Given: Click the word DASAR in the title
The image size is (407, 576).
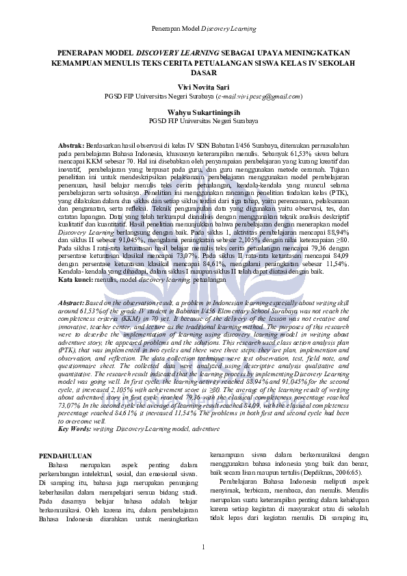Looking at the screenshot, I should click(x=203, y=72).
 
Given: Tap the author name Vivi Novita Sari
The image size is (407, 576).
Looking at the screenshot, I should click(x=203, y=88).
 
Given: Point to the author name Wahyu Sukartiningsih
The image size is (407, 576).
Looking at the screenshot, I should click(x=203, y=112).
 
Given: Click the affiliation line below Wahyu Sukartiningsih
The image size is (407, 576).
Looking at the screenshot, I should click(x=203, y=120).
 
